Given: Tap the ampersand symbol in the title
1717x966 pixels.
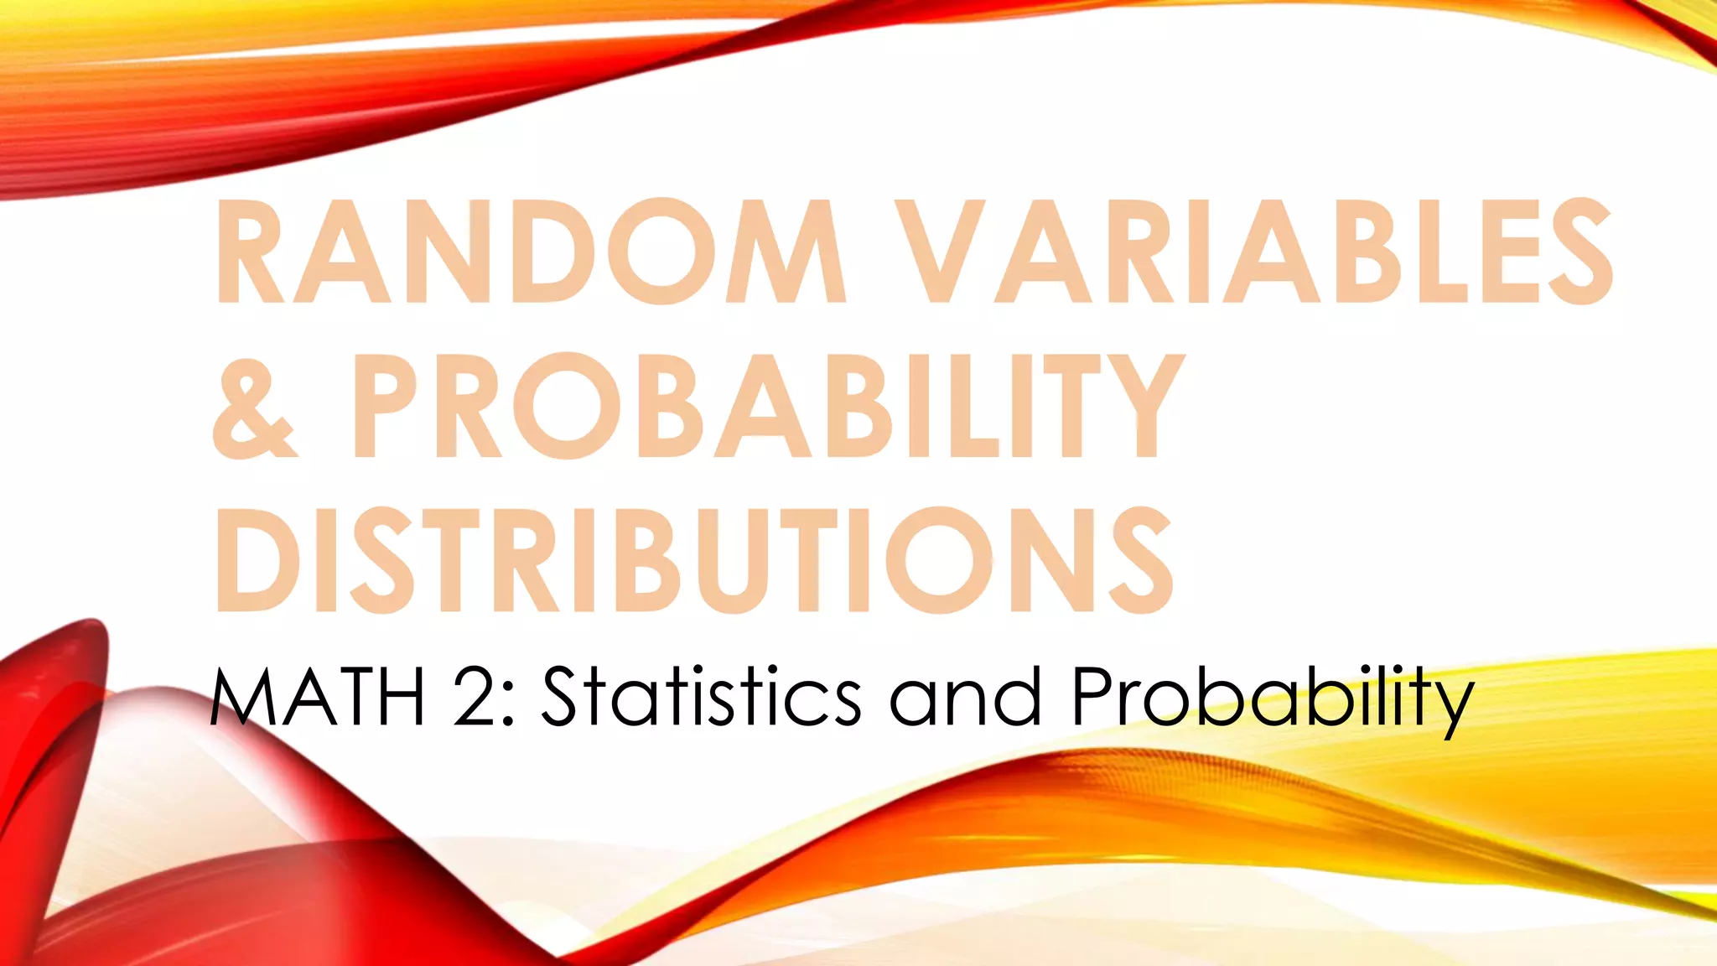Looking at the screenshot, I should tap(254, 406).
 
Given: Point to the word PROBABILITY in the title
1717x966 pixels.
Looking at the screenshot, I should tap(766, 406).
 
